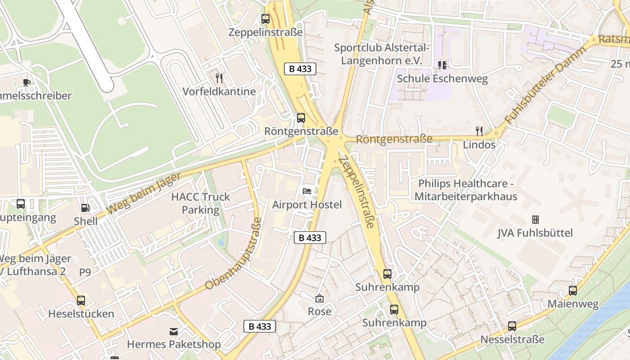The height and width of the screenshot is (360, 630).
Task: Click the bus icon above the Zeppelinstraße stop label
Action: pos(265,19)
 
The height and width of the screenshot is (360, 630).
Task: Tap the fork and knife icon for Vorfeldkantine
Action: pos(219,78)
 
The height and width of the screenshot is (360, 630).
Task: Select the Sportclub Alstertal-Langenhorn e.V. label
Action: pos(382,54)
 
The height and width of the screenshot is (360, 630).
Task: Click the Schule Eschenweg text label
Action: pos(442,79)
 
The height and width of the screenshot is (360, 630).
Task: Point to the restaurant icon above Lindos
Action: pos(479,131)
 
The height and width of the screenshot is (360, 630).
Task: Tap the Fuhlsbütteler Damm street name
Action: pos(545,85)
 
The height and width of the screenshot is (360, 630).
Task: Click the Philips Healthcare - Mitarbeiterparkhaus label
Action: pos(466,190)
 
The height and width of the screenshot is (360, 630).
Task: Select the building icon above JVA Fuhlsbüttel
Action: pos(535,220)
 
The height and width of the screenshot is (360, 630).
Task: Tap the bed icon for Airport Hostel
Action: pos(307,191)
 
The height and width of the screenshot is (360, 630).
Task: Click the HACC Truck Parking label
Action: pos(201,203)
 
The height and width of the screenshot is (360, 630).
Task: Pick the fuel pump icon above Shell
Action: pos(85,208)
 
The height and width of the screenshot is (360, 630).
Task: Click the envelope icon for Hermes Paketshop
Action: pos(173,332)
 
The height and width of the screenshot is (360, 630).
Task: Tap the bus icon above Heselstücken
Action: pos(81,300)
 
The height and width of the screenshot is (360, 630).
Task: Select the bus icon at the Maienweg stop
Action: pos(573,291)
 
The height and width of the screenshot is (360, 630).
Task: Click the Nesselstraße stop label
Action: pos(512,339)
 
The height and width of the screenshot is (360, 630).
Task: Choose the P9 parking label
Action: pos(85,272)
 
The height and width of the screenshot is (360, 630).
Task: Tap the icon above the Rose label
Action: pos(319,298)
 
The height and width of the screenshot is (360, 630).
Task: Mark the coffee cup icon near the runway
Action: pos(27,82)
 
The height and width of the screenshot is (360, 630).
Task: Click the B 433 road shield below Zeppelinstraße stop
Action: pos(300,69)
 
